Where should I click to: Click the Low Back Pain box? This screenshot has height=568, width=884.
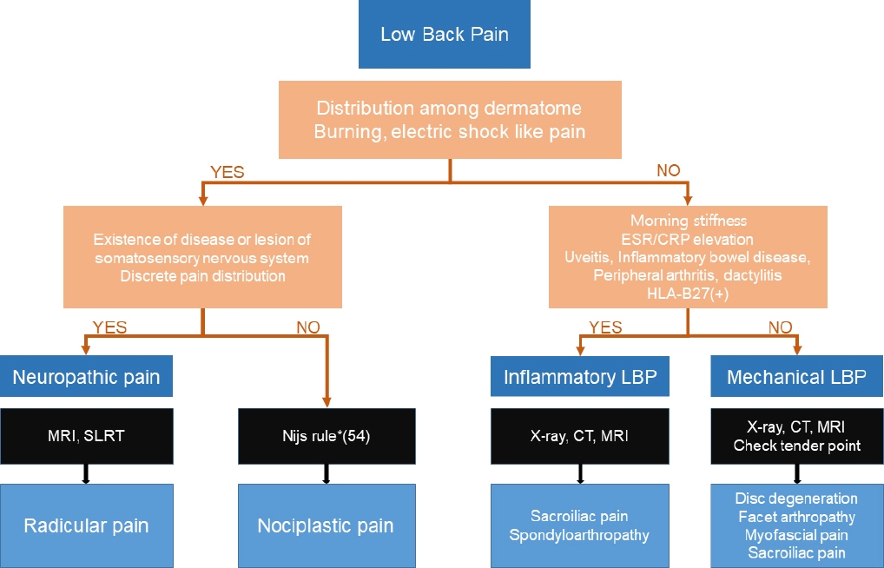445,34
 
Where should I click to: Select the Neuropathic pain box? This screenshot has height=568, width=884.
86,376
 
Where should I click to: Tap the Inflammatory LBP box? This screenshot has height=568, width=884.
580,376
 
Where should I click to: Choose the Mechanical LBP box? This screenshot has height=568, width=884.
796,376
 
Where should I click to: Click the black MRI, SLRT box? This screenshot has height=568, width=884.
86,436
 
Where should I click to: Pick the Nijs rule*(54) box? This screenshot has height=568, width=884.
327,436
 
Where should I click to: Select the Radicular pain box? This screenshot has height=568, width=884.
86,525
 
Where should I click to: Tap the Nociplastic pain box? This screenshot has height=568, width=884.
327,525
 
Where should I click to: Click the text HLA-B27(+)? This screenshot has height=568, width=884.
688,294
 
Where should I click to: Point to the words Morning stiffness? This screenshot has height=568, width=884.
689,221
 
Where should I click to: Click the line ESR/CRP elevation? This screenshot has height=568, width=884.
688,239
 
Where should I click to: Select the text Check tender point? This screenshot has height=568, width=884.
797,446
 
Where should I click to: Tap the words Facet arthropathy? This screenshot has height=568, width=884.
796,517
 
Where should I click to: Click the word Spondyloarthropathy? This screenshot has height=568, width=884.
579,535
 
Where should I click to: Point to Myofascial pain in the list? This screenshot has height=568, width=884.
796,535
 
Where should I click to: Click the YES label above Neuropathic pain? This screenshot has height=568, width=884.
109,327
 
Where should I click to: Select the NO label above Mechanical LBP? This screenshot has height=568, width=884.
781,327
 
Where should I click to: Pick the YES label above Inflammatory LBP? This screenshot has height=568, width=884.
605,327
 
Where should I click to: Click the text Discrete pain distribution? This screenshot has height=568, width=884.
203,276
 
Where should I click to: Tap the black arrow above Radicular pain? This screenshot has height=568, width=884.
86,474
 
